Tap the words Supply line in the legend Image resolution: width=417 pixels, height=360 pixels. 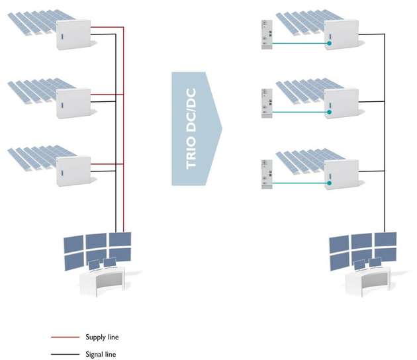pos(102,337)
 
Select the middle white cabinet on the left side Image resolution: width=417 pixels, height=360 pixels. pos(73,103)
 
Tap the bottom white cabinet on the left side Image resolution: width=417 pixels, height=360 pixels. pos(73,171)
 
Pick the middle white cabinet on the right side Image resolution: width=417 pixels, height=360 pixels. pos(340,104)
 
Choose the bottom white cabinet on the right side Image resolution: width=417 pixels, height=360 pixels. pos(340,174)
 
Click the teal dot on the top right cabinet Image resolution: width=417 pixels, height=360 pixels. pos(329,44)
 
